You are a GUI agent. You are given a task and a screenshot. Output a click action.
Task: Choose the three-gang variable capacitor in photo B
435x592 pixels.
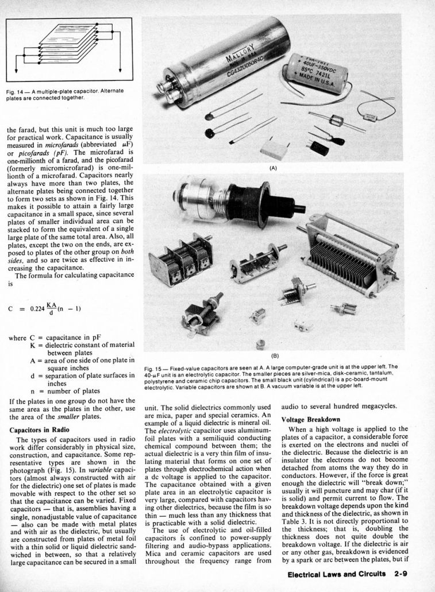tap(179, 257)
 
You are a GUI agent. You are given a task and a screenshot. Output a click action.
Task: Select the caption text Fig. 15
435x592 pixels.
tap(153, 366)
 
